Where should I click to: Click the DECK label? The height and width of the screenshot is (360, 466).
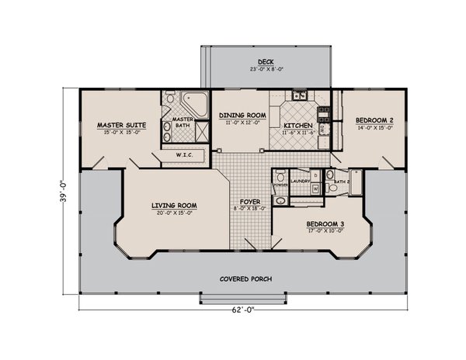(x=266, y=62)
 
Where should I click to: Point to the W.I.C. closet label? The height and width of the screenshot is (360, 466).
(x=184, y=155)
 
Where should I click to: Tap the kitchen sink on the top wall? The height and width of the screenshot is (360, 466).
(x=300, y=95)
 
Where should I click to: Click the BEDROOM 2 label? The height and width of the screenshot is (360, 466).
(x=374, y=120)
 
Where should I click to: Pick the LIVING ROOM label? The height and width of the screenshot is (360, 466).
(x=174, y=206)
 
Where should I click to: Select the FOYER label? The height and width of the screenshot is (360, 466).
(x=249, y=202)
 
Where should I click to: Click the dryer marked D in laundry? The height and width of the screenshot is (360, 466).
(x=315, y=174)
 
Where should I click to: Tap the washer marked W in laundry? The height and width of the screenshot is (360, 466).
(x=315, y=187)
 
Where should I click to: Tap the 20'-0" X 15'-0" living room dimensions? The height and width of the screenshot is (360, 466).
(x=174, y=213)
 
